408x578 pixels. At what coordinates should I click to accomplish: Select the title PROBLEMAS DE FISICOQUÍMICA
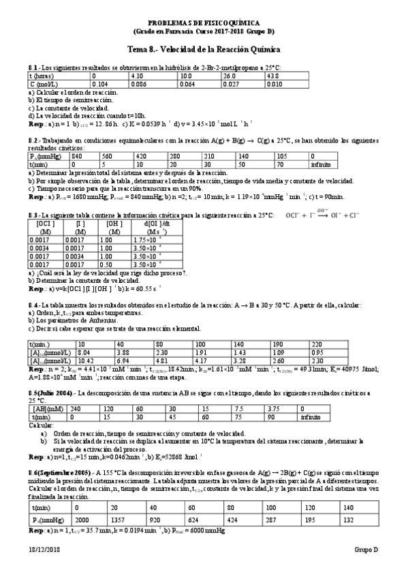click(x=204, y=22)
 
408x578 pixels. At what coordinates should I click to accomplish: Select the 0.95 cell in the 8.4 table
click(x=317, y=352)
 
